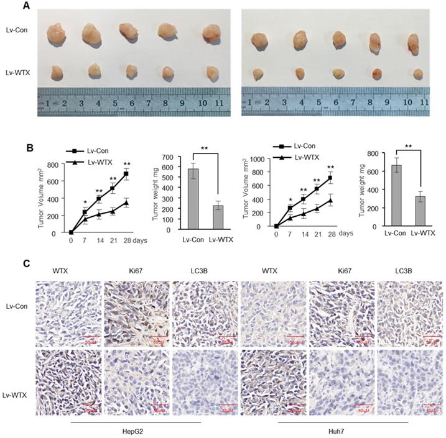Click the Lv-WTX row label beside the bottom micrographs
[17, 378]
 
